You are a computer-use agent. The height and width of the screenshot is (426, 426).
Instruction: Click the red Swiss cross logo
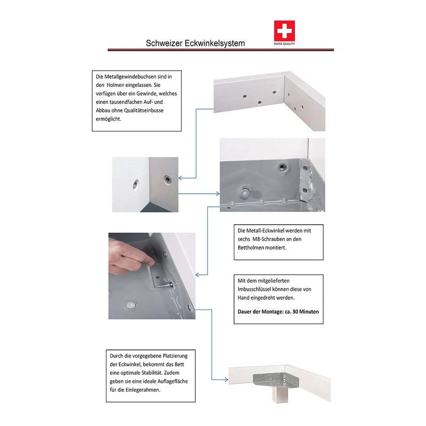tap(284, 31)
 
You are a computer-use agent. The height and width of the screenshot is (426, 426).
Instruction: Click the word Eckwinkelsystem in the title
tap(215, 43)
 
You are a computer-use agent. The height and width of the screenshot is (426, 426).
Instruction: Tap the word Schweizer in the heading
tap(164, 43)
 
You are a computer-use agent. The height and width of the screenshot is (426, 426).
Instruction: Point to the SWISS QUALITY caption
tap(284, 44)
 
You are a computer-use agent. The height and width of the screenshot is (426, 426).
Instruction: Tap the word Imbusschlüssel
tap(254, 289)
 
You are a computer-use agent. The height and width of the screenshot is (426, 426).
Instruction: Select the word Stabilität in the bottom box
tap(152, 373)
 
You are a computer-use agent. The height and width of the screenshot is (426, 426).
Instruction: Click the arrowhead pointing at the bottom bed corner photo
tap(225, 380)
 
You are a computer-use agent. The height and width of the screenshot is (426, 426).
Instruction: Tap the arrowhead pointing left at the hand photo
tap(198, 275)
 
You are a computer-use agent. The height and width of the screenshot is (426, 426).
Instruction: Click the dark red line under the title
tap(220, 50)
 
